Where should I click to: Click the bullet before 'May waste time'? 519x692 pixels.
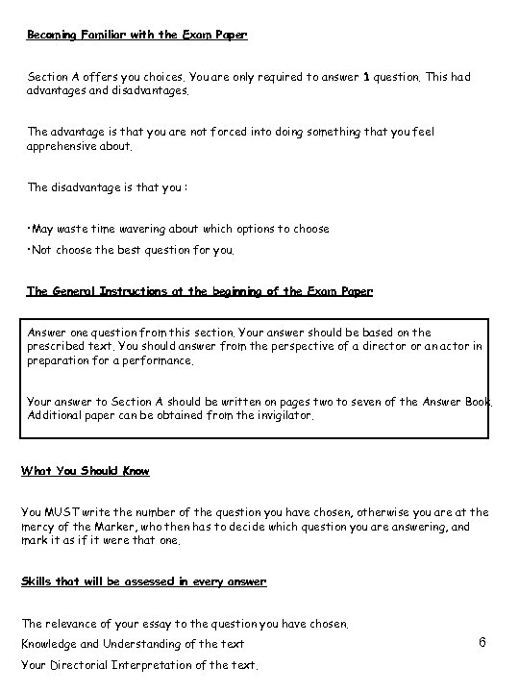coord(29,229)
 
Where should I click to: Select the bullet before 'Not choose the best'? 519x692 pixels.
coord(29,249)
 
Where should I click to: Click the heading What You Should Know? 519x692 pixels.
coord(86,471)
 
